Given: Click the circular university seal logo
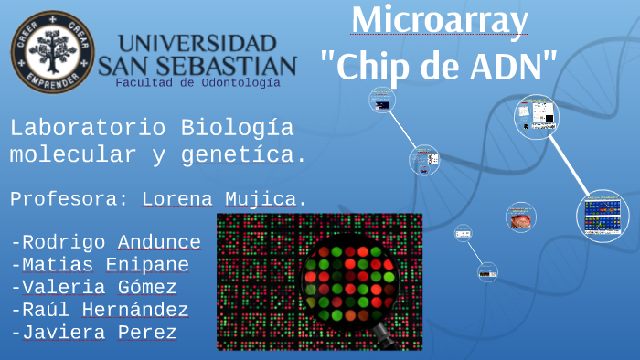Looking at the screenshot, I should coord(53,51).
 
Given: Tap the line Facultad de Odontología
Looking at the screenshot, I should coord(197,83).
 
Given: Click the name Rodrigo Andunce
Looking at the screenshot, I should coord(106,242).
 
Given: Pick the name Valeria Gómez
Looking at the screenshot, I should coord(94,288).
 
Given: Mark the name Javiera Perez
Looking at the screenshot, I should coord(94,333).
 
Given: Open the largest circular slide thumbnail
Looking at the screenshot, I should coord(603,216).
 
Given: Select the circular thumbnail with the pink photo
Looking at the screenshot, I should coord(521,217).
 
